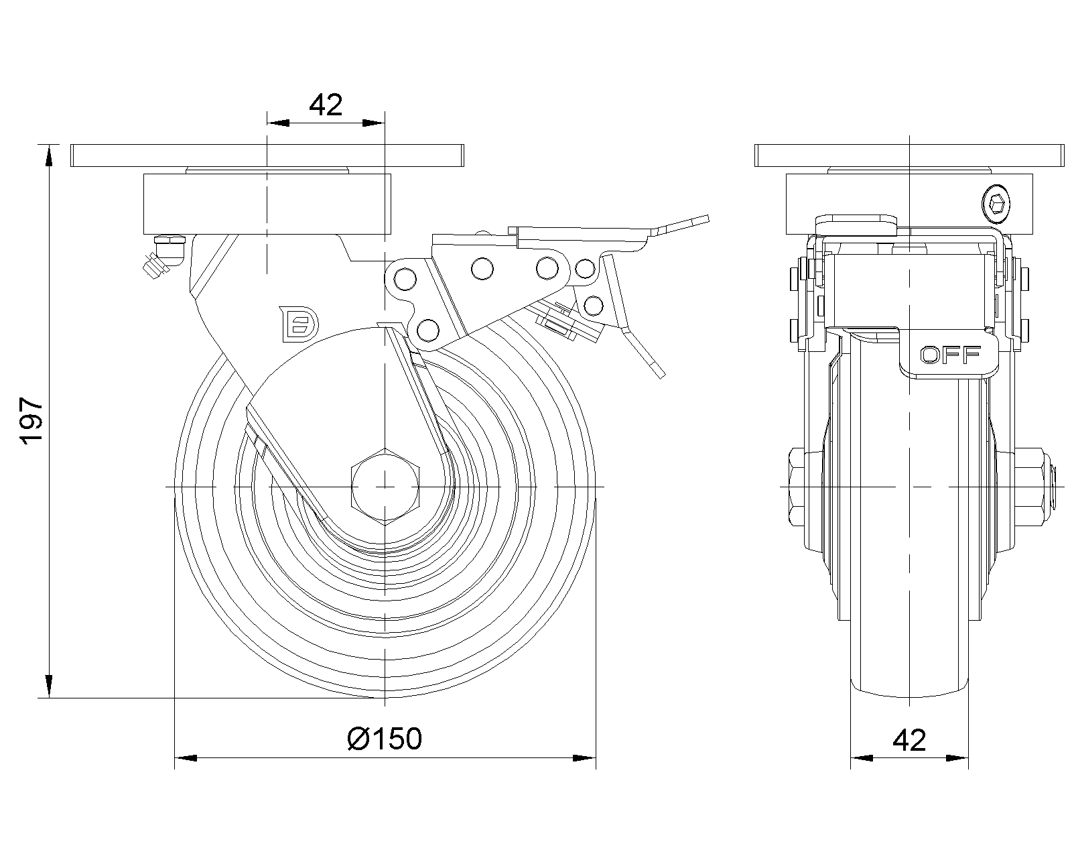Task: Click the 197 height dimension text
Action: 31,420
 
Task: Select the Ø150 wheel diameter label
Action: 385,739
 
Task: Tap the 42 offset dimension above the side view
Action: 326,105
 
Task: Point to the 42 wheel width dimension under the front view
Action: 909,741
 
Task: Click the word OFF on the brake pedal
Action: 950,355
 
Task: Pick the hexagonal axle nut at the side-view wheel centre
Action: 385,486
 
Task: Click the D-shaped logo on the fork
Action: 299,324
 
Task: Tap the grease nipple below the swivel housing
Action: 162,257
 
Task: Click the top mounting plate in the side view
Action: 267,156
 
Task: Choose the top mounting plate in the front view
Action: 910,156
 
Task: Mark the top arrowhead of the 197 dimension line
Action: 49,155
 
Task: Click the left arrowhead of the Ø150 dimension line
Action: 186,758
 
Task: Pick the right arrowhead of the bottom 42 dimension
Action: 957,758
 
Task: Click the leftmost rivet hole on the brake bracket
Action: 404,278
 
